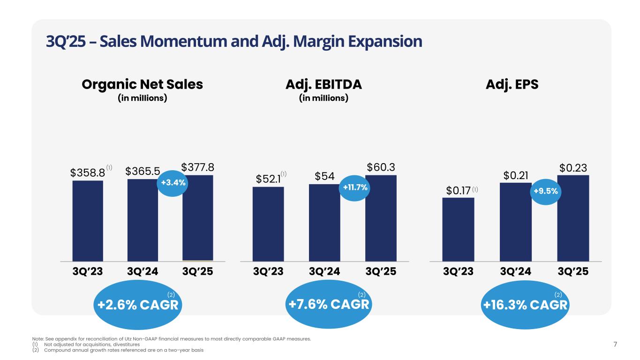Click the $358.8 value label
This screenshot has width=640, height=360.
tap(87, 172)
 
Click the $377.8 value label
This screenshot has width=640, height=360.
tap(197, 167)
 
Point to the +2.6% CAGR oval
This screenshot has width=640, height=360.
tap(137, 305)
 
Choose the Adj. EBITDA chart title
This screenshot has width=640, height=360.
tap(324, 84)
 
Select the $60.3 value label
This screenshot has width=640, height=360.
tap(380, 167)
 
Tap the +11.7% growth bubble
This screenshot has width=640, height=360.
tap(355, 187)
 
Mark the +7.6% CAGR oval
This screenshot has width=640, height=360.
tap(329, 305)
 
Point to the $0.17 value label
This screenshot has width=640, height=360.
tap(458, 191)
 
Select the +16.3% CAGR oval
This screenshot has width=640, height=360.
tap(525, 305)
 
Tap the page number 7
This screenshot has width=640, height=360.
tap(616, 345)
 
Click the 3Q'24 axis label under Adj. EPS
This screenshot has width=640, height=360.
tap(516, 272)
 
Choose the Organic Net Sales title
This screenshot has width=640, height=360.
tap(142, 84)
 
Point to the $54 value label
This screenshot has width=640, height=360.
tap(324, 176)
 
